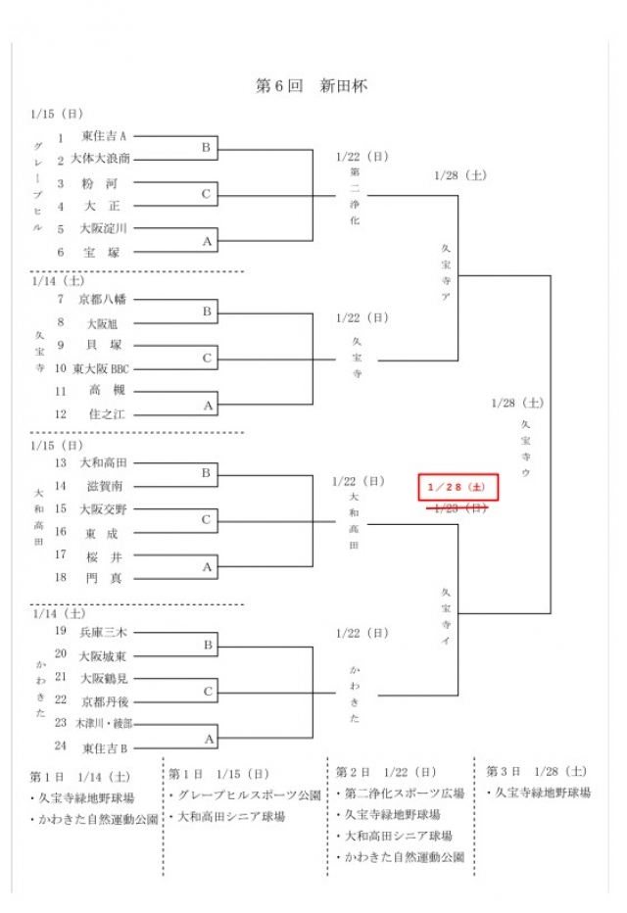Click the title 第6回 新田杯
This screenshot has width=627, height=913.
pos(312,86)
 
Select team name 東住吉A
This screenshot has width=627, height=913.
pos(105,136)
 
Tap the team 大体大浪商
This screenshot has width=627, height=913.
pos(101,159)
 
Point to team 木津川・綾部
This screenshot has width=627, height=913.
pos(104,724)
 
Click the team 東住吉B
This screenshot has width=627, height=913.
pos(105,747)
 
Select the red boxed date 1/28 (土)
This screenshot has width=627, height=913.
pos(458,486)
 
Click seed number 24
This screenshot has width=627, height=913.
pos(61,747)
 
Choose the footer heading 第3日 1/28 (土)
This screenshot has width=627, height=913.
pos(538,771)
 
